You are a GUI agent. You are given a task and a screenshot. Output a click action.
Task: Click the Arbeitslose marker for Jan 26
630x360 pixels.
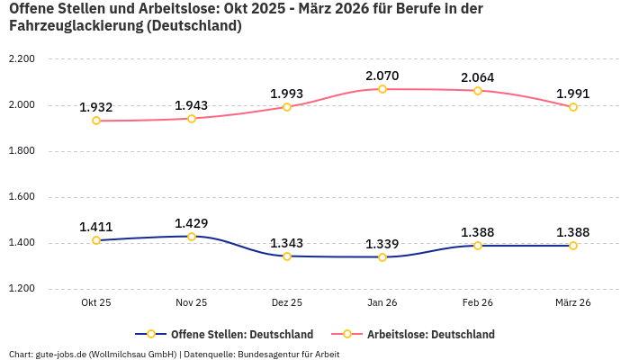(x=382, y=89)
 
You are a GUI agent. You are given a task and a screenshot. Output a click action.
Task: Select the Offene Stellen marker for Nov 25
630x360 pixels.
(x=192, y=237)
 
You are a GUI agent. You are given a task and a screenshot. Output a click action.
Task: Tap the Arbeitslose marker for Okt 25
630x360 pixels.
(x=96, y=121)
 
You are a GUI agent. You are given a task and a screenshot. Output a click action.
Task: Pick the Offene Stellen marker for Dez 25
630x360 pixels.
(x=287, y=256)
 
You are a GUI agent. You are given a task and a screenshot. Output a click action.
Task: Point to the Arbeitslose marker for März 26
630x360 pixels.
(x=573, y=107)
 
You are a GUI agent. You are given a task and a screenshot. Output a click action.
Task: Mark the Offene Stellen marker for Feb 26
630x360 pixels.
(x=478, y=246)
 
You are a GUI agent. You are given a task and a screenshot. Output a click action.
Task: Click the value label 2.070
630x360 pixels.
(x=382, y=76)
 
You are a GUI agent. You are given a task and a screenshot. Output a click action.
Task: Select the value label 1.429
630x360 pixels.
(x=192, y=223)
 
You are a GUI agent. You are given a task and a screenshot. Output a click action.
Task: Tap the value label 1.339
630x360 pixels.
(x=382, y=244)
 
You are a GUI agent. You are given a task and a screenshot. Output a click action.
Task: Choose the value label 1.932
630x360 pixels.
(x=96, y=107)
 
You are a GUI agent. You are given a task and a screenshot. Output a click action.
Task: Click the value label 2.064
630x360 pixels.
(x=478, y=77)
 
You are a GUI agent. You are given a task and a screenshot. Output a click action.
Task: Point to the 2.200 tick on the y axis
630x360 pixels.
(x=21, y=59)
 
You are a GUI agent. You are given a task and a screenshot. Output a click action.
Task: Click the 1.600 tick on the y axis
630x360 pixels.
(x=21, y=197)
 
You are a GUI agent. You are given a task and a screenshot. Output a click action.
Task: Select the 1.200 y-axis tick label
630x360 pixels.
(x=21, y=289)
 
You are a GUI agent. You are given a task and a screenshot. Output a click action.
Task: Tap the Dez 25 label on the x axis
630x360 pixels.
(x=287, y=303)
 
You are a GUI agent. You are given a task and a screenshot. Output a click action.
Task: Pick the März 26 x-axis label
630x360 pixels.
(x=573, y=303)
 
